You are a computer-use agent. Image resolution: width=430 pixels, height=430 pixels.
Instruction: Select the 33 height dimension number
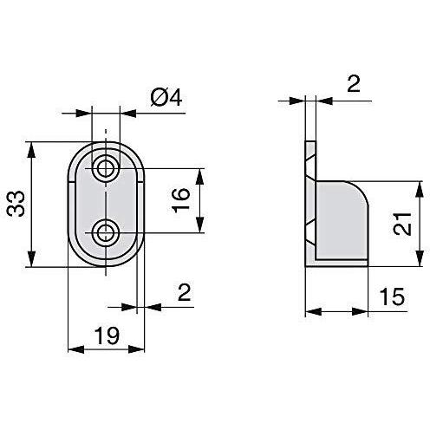point(16,205)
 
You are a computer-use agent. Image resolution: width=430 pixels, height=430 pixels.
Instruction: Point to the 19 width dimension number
point(105,334)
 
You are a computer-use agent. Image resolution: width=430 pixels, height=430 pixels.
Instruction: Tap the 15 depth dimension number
point(392,297)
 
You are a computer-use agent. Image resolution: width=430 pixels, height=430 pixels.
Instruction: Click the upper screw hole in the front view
point(107,167)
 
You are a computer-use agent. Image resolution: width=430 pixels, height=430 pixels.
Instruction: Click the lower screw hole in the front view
point(107,231)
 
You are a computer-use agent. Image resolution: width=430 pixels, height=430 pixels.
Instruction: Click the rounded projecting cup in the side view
point(343,221)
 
